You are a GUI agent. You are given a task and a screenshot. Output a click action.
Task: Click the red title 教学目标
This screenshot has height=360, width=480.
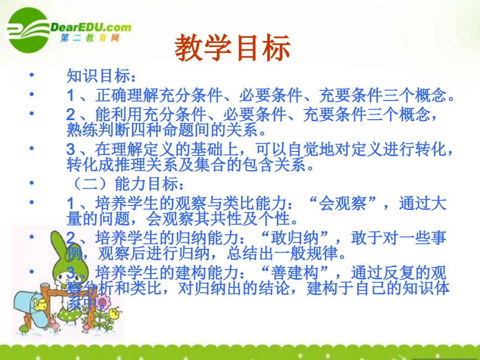(x=233, y=48)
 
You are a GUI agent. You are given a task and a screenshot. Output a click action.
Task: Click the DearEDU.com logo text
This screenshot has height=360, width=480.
(x=91, y=27)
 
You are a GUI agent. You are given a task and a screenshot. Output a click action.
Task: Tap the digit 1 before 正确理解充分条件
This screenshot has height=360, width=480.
(x=71, y=95)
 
